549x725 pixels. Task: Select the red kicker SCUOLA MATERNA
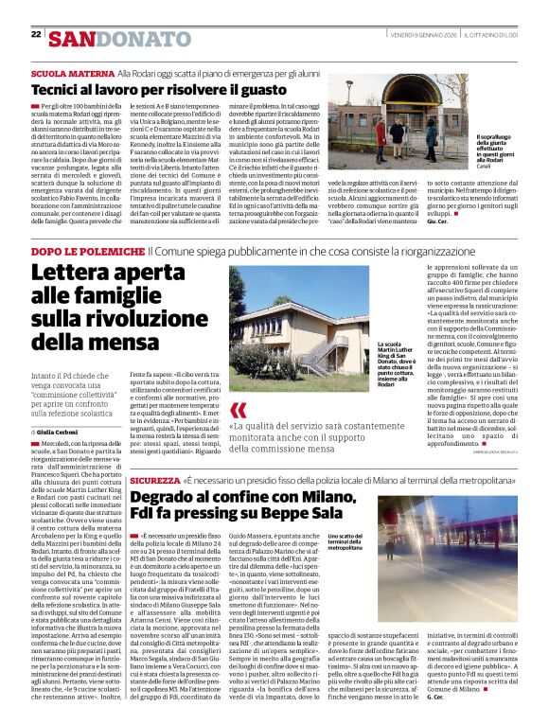[x=60, y=72]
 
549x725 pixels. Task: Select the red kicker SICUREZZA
[x=152, y=482]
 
